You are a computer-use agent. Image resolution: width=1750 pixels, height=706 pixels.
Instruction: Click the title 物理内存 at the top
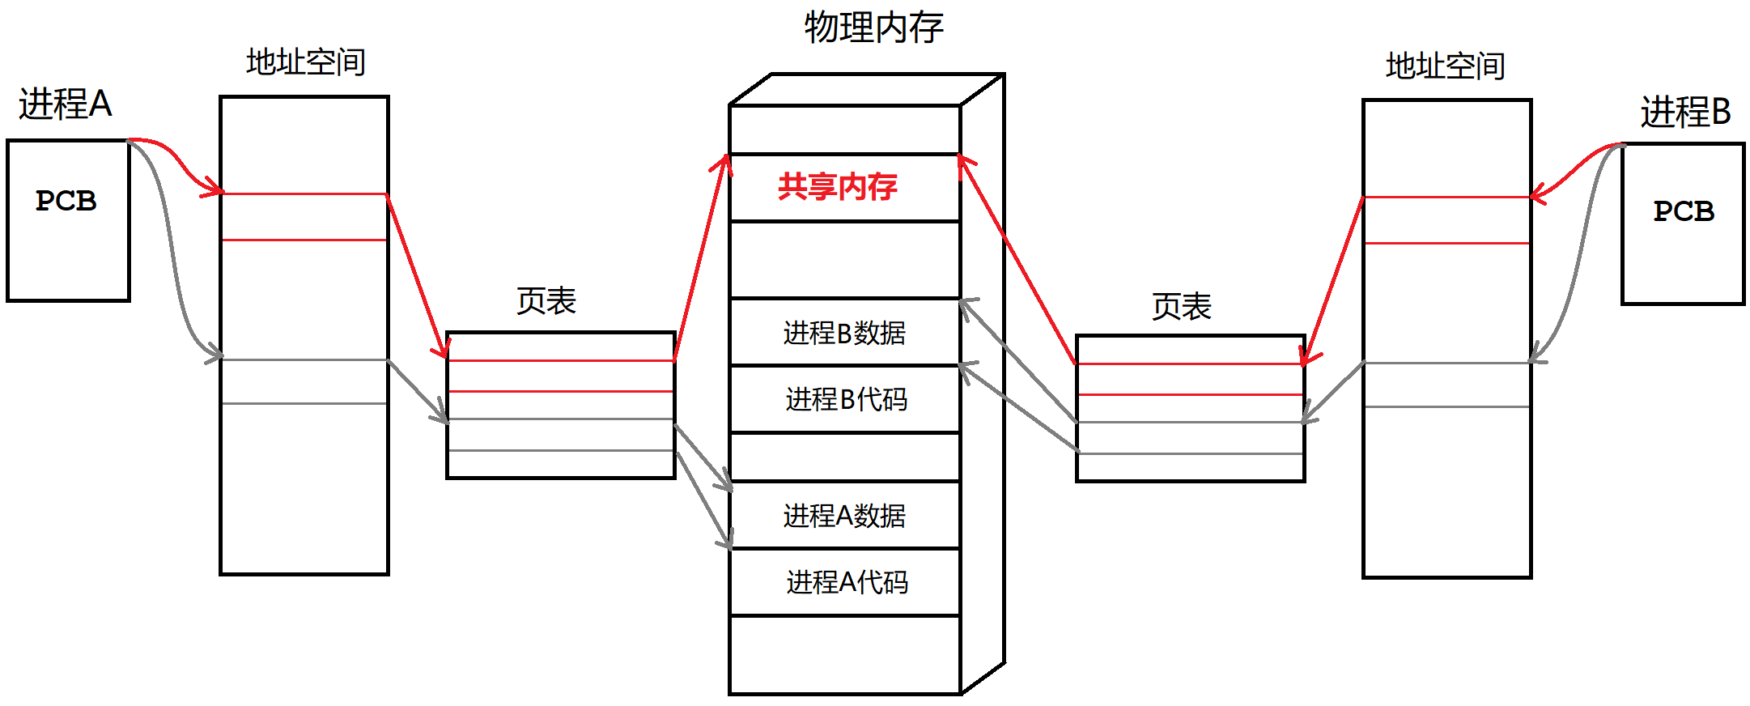[873, 28]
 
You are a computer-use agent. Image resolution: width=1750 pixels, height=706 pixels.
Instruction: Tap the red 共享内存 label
[837, 187]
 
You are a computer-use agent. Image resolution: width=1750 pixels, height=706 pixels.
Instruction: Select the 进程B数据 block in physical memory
[844, 333]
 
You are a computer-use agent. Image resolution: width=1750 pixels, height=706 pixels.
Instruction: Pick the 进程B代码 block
[846, 399]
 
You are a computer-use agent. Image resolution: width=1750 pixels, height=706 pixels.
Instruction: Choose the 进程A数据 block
[844, 516]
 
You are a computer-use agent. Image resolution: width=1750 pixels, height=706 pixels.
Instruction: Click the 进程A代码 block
[847, 582]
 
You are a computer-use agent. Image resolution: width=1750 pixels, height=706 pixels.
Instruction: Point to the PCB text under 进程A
[66, 201]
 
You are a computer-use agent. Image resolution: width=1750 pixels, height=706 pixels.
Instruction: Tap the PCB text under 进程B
[1684, 211]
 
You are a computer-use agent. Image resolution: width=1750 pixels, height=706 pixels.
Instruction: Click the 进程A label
[65, 104]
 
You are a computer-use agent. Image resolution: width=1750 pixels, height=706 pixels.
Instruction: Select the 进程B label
[1685, 112]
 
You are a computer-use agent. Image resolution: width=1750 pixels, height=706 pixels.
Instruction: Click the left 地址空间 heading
[305, 62]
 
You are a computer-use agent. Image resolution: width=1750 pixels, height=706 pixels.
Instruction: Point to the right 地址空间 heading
[1445, 66]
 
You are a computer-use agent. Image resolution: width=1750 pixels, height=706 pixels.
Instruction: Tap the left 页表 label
[546, 301]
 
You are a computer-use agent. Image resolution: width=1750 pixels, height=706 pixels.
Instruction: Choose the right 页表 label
[1181, 307]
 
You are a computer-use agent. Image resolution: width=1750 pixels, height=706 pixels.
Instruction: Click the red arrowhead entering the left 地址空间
[215, 191]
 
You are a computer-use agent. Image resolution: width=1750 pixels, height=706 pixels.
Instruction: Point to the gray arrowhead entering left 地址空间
[215, 355]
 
